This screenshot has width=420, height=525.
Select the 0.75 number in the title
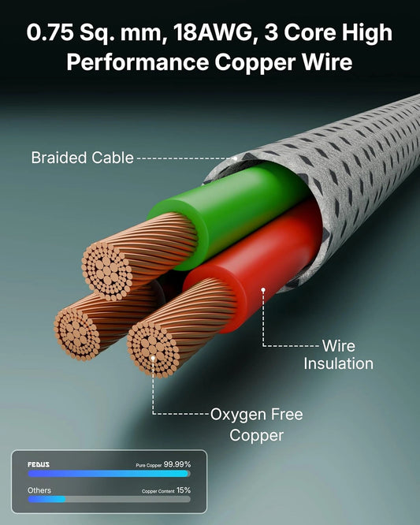click(50, 33)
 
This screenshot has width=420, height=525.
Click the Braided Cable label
click(82, 158)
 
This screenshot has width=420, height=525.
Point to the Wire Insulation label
click(338, 355)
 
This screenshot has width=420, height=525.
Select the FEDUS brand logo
click(39, 465)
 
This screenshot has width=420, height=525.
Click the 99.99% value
click(177, 464)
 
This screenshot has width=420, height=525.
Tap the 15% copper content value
click(184, 490)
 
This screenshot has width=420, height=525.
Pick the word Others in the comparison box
click(39, 490)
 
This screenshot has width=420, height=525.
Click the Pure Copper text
click(149, 465)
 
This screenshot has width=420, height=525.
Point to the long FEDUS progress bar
click(109, 474)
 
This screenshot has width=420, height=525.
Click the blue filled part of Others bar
click(46, 499)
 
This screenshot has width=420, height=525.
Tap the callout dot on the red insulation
click(263, 290)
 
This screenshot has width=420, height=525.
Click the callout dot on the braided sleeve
click(236, 158)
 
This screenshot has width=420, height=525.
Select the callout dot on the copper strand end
click(153, 358)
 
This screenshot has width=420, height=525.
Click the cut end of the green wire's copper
click(107, 270)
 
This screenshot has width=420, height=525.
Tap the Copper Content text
click(158, 491)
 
